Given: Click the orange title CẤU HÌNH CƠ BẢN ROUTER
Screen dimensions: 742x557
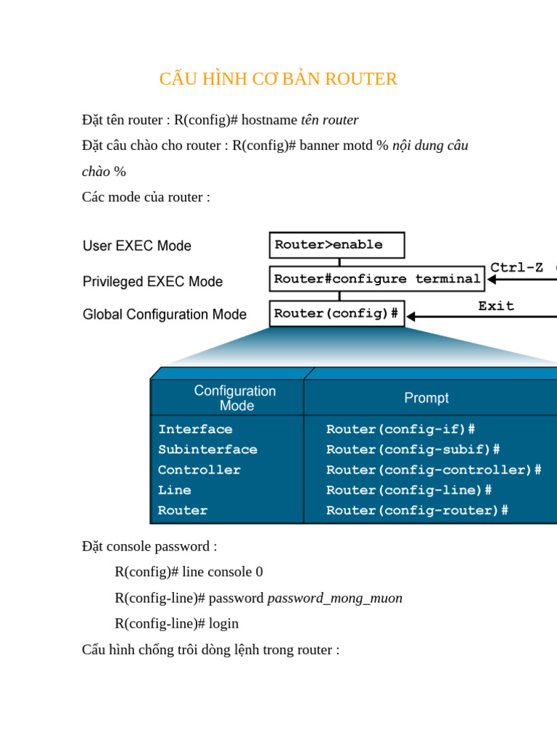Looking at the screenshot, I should (278, 79).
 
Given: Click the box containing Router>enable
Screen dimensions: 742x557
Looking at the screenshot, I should (337, 245).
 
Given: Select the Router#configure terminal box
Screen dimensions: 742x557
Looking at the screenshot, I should (376, 279).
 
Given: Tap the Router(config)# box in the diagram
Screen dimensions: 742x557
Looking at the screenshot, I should (337, 314).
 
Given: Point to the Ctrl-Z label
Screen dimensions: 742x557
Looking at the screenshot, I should (516, 268).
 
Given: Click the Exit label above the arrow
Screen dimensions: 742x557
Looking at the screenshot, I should (496, 306).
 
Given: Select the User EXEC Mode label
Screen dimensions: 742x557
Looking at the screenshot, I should (137, 246).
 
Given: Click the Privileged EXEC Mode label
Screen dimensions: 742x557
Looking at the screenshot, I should (152, 281).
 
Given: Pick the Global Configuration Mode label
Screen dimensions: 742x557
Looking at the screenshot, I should (165, 314).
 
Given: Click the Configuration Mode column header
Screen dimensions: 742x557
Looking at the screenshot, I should (235, 398).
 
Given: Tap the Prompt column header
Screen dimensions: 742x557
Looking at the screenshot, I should (426, 398).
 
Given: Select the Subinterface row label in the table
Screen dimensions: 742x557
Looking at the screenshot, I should (207, 449).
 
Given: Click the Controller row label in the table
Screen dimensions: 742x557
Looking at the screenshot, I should (199, 470).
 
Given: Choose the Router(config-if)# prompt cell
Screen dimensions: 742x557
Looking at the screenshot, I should (400, 429).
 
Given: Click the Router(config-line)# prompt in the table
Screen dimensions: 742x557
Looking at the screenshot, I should (409, 490).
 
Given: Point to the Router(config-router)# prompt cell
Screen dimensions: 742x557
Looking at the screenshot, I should (417, 510).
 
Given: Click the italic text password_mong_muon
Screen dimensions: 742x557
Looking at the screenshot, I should (334, 598).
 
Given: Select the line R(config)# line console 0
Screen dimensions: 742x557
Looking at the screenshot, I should (189, 572).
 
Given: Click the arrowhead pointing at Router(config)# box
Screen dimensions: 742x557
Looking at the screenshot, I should (411, 317).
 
